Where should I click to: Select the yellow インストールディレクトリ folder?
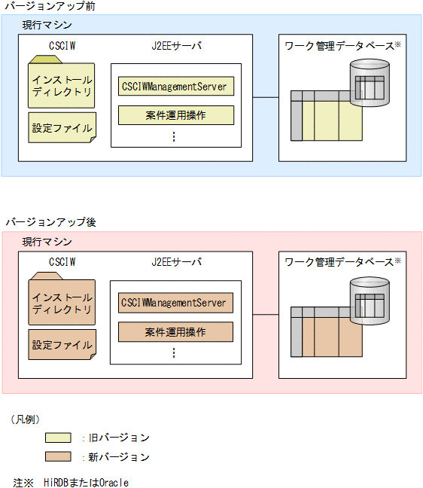(x=62, y=84)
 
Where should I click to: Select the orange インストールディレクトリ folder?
(x=62, y=301)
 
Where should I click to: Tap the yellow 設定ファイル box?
(x=62, y=128)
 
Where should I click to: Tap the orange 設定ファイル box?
(x=62, y=344)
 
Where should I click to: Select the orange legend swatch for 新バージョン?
(x=58, y=456)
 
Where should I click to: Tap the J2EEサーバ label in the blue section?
(x=176, y=46)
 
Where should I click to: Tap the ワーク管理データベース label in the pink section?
(x=339, y=262)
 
